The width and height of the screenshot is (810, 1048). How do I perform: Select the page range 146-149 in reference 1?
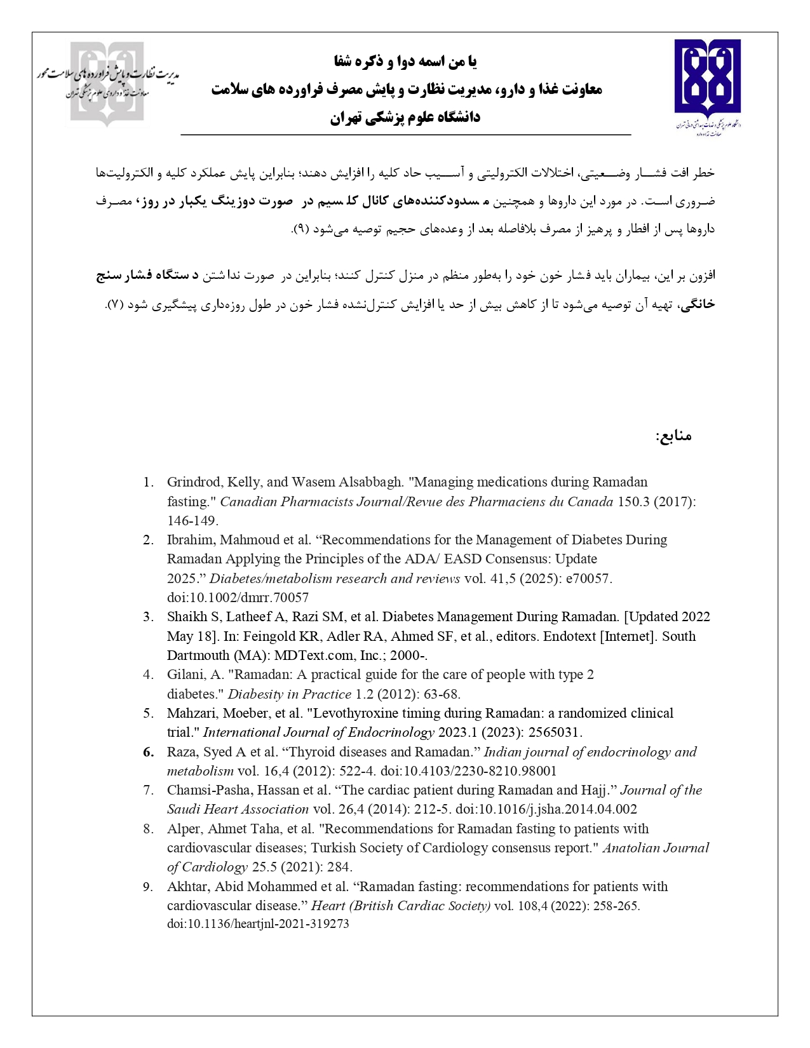192,520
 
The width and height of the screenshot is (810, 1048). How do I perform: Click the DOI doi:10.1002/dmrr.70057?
238,597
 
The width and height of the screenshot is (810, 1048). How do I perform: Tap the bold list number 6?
149,752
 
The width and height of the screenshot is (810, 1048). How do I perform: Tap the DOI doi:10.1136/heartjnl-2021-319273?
258,924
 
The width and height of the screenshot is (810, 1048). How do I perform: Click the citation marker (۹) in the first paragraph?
300,229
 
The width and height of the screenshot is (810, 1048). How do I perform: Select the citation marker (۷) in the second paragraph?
114,305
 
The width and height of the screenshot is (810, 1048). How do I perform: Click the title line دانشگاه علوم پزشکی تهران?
405,118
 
